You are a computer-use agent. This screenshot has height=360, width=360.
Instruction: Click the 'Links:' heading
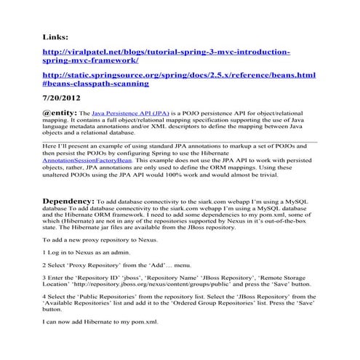pyautogui.click(x=56, y=36)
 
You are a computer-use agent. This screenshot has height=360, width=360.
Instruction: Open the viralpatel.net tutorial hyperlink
pyautogui.click(x=167, y=52)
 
